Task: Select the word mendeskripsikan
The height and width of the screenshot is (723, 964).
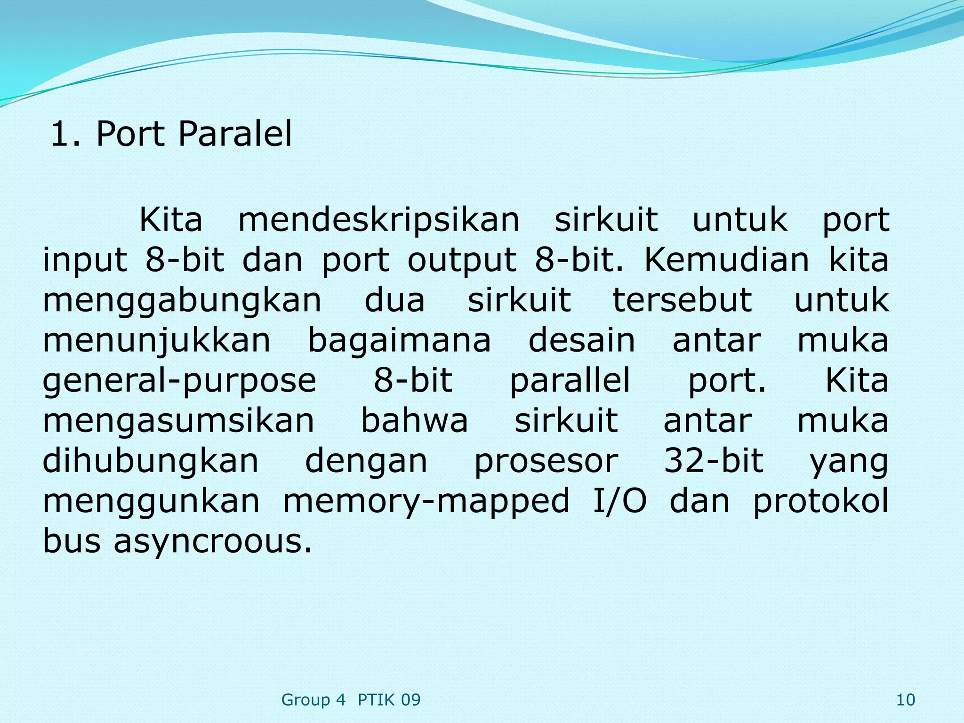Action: point(378,220)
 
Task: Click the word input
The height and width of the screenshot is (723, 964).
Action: point(85,260)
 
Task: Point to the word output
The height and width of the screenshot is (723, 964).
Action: point(461,260)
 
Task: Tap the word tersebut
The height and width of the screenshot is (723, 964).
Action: point(682,300)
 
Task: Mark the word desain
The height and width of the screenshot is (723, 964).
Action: point(582,340)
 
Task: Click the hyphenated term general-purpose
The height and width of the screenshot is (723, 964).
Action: point(179,381)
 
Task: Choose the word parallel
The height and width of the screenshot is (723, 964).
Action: point(570,380)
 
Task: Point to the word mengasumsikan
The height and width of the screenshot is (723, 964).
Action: point(178,420)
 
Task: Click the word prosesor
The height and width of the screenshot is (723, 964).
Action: point(546,461)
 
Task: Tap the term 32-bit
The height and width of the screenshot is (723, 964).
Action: point(714,460)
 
